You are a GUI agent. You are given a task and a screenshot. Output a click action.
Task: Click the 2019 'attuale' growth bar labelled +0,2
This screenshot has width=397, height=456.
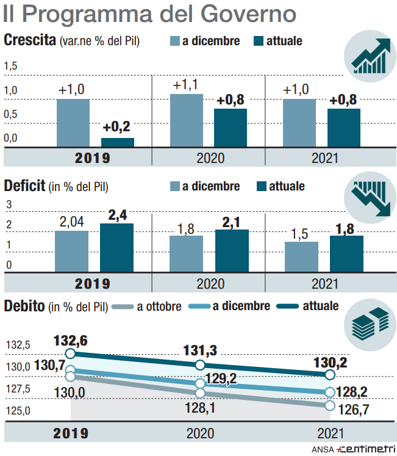pyautogui.click(x=118, y=143)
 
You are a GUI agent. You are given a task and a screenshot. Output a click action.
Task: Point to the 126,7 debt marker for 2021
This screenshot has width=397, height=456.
pyautogui.click(x=330, y=405)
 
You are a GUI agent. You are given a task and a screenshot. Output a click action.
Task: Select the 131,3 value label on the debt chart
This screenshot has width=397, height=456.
pyautogui.click(x=201, y=351)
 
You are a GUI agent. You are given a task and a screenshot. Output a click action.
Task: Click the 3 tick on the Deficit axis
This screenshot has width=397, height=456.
pyautogui.click(x=9, y=204)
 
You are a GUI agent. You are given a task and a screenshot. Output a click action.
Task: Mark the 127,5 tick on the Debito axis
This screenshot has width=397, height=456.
pyautogui.click(x=18, y=389)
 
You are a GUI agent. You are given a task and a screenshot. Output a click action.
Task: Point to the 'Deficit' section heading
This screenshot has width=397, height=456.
pyautogui.click(x=24, y=186)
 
